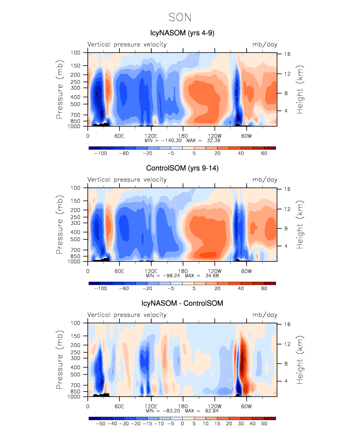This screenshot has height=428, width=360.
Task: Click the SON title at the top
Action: coord(180,17)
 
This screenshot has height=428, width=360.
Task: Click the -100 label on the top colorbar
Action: coord(101,154)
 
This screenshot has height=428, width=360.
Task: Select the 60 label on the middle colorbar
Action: coord(264,289)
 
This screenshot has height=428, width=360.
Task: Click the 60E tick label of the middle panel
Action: coord(119,270)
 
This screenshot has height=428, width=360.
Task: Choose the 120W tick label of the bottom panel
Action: coord(214,405)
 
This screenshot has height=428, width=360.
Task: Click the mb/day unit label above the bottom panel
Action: coord(264,315)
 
